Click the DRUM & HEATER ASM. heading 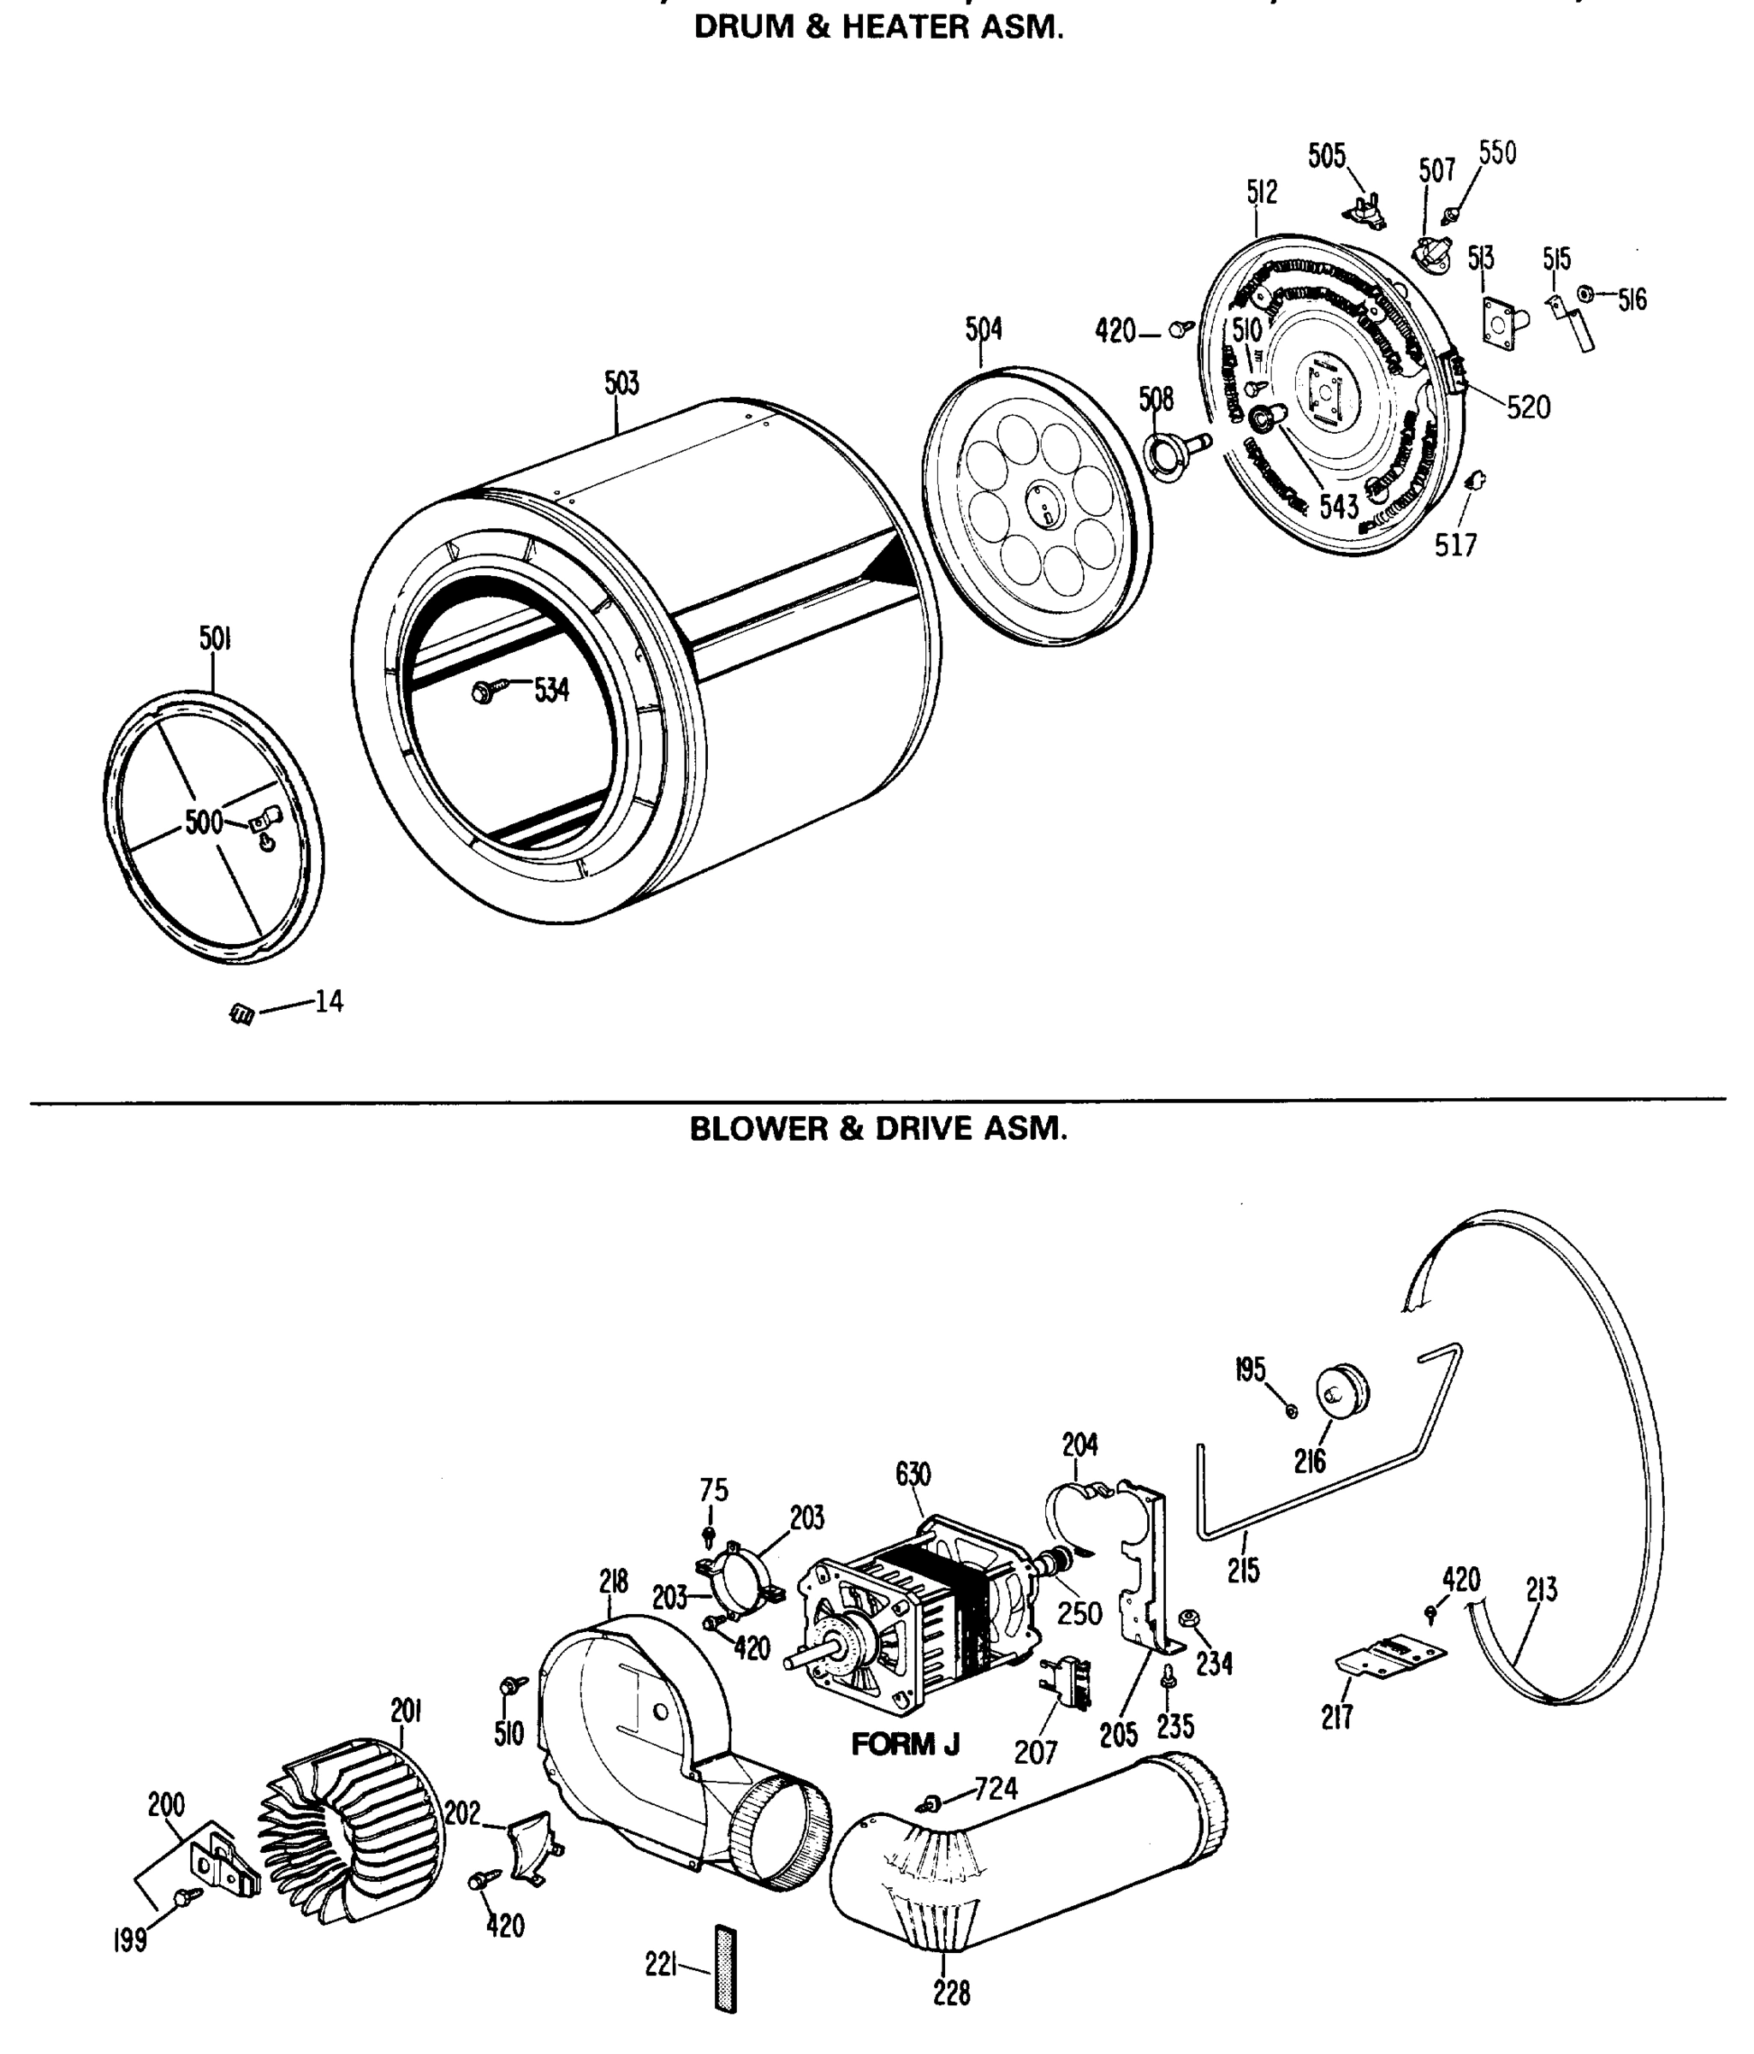click(877, 27)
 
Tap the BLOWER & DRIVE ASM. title click(877, 1129)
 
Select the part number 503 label click(621, 383)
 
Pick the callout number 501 click(215, 639)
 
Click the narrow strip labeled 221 click(726, 1968)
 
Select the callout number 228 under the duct click(951, 1992)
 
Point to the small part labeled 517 click(1474, 482)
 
